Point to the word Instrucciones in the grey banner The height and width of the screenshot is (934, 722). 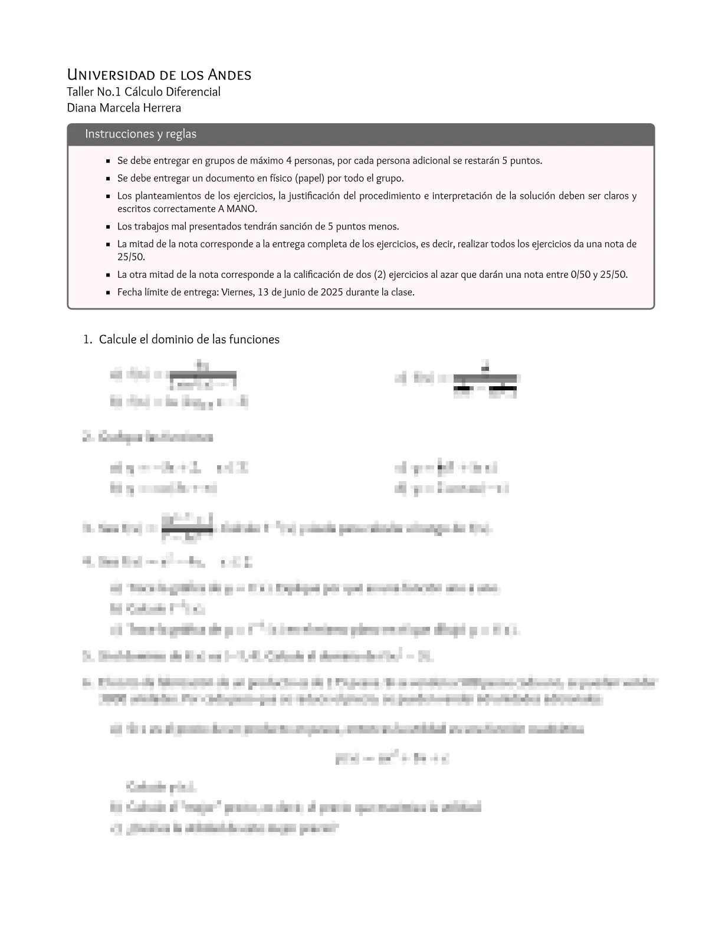click(x=118, y=134)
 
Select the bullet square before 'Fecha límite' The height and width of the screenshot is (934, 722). click(x=108, y=292)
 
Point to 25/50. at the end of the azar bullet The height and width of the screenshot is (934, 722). click(x=614, y=274)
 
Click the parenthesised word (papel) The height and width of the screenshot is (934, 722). click(x=311, y=178)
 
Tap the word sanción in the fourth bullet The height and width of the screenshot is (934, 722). click(x=294, y=226)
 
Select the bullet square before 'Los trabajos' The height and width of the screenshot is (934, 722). click(x=108, y=226)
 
